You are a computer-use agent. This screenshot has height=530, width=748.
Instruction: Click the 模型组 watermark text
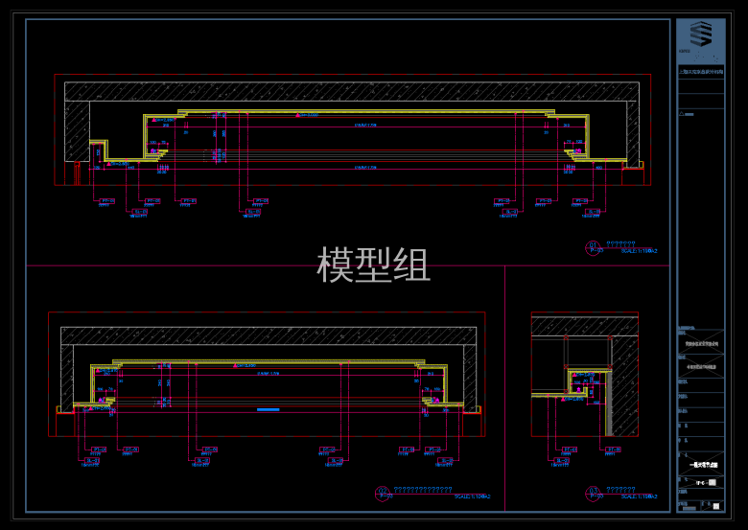click(373, 265)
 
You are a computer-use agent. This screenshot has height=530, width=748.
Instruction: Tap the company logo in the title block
click(701, 37)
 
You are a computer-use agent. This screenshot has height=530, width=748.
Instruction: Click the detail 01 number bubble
click(594, 247)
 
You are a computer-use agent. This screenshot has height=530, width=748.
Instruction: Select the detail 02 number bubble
click(383, 494)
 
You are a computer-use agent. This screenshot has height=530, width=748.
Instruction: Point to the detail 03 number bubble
click(593, 494)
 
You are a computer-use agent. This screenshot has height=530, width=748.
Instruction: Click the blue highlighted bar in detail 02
click(268, 409)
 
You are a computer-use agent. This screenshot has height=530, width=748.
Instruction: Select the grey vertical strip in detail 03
click(607, 403)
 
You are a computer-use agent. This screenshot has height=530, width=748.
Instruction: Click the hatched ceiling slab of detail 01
click(351, 91)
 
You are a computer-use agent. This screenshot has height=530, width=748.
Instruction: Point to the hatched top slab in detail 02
click(269, 335)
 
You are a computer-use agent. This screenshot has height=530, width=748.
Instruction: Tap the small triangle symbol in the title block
click(682, 113)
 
